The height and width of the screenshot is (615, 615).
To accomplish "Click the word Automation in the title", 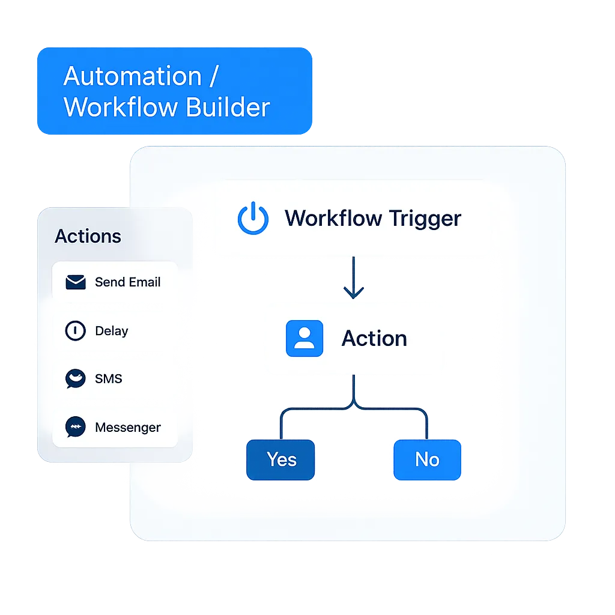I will (x=132, y=77).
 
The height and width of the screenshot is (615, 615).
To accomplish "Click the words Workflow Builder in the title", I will (x=166, y=108).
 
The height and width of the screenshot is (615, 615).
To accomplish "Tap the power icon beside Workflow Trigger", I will (x=253, y=218).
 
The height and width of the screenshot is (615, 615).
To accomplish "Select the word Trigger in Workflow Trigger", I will (x=425, y=218).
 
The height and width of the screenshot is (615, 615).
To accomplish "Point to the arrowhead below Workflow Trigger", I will (x=354, y=293).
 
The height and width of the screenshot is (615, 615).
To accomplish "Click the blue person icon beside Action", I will (x=304, y=339).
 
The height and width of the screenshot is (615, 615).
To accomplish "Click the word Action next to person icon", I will (x=374, y=339).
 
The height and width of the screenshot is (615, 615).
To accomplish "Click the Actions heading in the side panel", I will (x=88, y=236).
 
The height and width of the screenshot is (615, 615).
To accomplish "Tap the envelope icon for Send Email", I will (x=76, y=282).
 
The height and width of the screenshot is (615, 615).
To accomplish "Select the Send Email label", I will (x=127, y=282).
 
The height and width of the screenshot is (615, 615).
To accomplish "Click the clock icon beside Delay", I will (x=75, y=331).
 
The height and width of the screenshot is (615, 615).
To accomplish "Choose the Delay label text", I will (x=111, y=331).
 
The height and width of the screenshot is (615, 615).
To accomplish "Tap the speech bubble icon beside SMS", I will (x=76, y=379).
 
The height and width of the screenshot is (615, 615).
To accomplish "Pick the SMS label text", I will (x=108, y=379).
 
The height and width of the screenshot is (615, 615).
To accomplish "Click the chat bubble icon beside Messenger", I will (x=76, y=427).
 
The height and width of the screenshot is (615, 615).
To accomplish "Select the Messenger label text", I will (x=127, y=428).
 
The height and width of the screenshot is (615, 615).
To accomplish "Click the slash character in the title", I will (x=214, y=77).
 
